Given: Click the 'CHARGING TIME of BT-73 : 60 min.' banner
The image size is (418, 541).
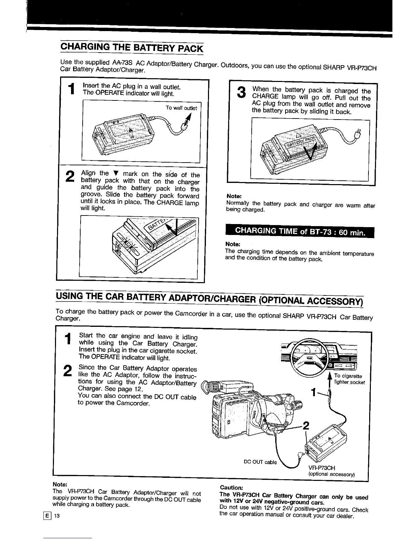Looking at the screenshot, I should coord(300,232).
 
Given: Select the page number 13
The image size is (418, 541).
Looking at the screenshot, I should coord(57,516).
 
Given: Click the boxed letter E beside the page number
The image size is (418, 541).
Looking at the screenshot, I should coord(48,516).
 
